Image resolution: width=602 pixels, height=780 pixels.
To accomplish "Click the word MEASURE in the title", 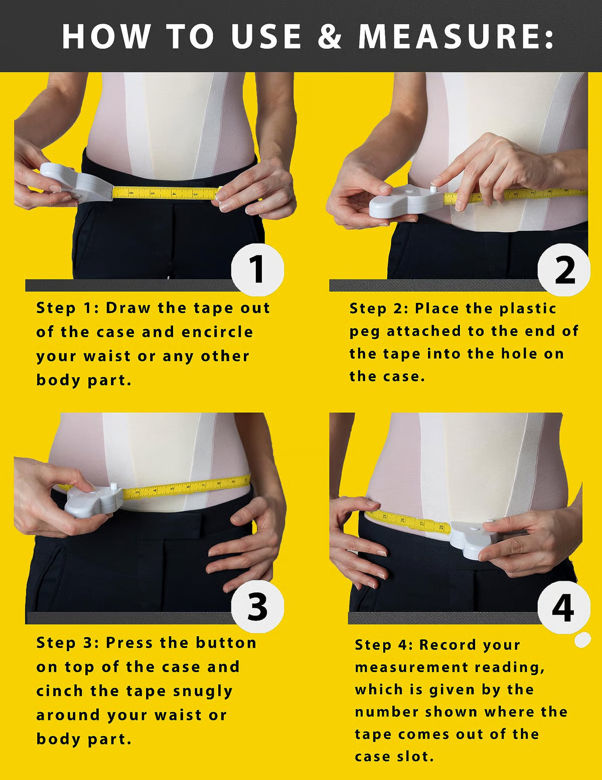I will (456, 37).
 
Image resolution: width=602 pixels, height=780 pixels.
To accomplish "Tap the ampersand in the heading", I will (329, 37).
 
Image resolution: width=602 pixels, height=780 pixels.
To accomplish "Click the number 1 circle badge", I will (257, 269).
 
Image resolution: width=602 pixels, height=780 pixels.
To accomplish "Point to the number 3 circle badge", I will (257, 607).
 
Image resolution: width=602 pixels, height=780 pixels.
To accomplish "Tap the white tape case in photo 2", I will (406, 201).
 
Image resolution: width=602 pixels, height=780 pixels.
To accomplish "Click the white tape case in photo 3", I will (93, 502).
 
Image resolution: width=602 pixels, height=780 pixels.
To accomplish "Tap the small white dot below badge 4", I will (582, 640).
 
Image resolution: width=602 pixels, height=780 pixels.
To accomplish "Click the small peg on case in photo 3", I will (114, 486).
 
